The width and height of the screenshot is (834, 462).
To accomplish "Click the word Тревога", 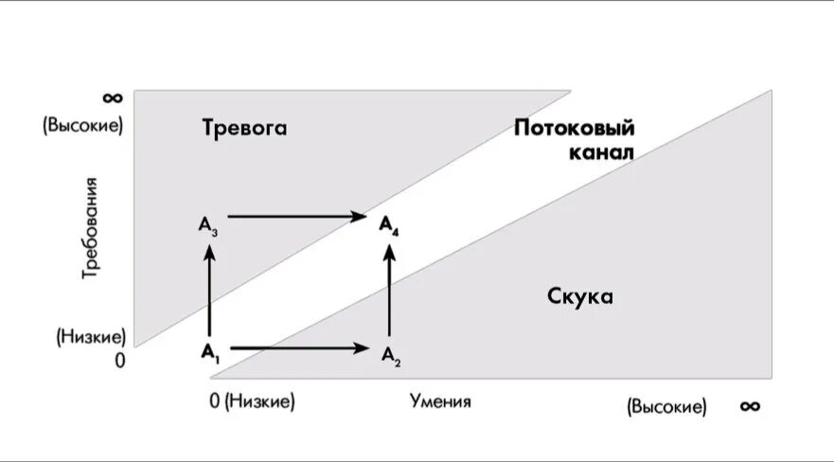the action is tap(243, 129).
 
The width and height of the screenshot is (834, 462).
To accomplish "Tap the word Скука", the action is tap(580, 296).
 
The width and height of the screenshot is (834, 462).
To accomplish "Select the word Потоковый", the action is tap(574, 129).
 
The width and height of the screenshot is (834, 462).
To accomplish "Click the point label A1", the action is tap(209, 352).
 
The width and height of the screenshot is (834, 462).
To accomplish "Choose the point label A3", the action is tap(208, 224).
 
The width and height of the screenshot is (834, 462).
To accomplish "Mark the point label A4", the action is tap(389, 224).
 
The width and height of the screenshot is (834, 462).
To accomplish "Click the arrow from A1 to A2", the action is tap(299, 348).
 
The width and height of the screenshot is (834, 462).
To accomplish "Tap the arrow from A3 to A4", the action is tap(297, 217).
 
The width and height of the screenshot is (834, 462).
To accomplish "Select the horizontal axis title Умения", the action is tap(440, 401).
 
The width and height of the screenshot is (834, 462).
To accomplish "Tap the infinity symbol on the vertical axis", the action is tap(112, 98).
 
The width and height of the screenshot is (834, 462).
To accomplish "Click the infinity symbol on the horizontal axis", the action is tap(750, 405).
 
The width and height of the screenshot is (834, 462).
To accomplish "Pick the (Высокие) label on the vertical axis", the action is tap(82, 124).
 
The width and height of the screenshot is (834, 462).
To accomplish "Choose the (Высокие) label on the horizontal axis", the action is tap(665, 407).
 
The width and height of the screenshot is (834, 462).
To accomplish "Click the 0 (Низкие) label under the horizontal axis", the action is tap(253, 401).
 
